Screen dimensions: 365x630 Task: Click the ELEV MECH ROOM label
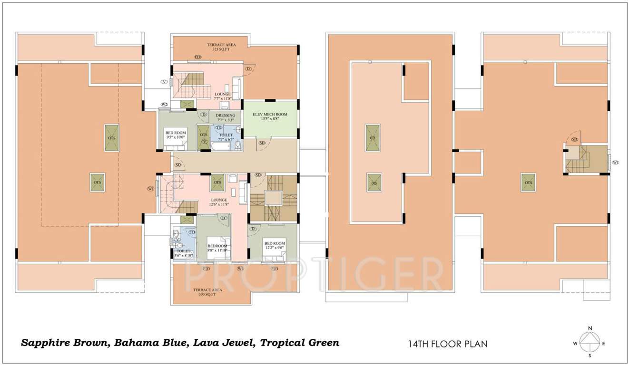[x=270, y=116]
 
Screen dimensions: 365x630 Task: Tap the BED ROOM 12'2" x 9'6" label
[x=275, y=245]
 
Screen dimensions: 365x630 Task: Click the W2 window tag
[x=165, y=105]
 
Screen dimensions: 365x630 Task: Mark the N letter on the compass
[x=590, y=328]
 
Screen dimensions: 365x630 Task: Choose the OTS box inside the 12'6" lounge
[x=217, y=182]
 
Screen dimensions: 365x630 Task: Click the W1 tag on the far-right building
[x=615, y=163]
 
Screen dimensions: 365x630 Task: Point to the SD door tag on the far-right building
[x=574, y=139]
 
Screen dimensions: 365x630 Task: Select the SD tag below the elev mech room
[x=262, y=143]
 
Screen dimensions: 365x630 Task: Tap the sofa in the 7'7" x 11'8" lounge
[x=236, y=87]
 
